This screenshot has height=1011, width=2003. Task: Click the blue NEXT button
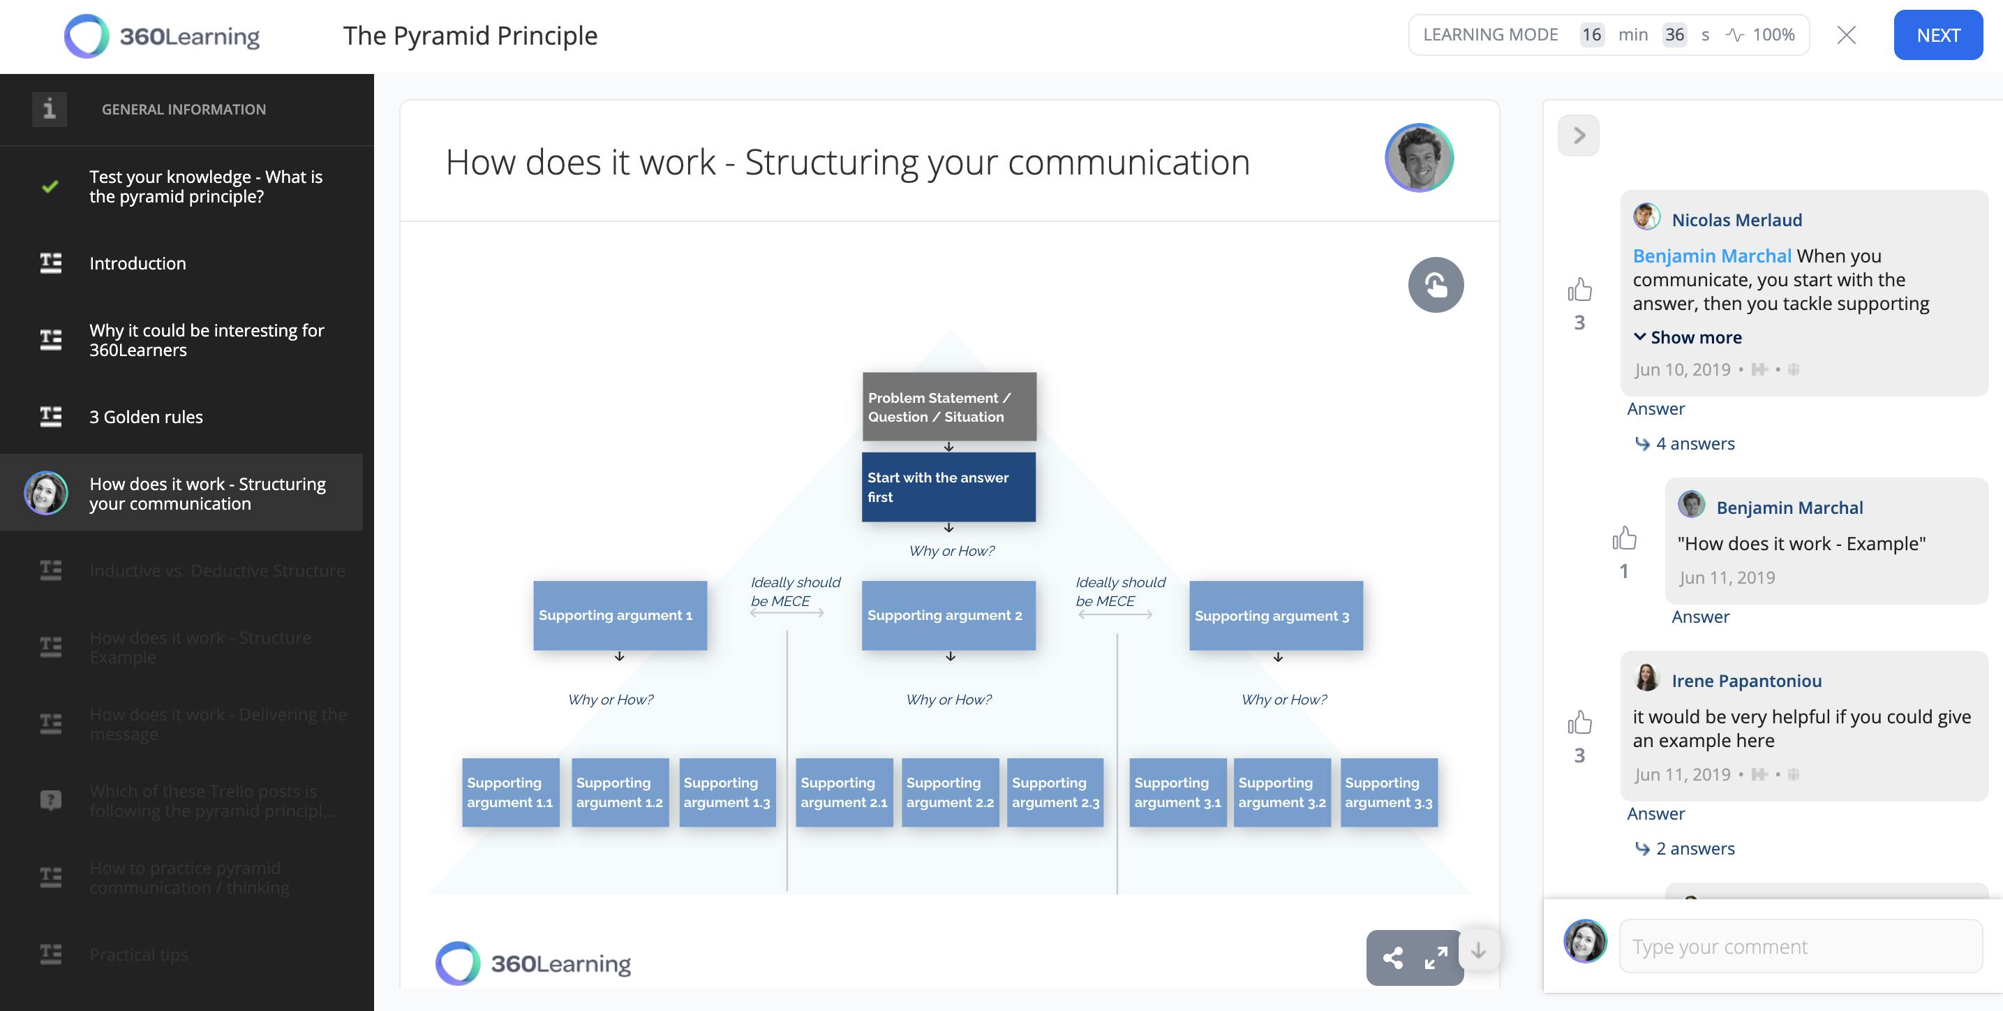(x=1937, y=35)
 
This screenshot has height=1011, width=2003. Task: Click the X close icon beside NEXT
(x=1846, y=35)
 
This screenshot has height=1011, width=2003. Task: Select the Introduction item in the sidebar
(x=137, y=264)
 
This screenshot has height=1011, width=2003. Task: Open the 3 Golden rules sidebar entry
(x=146, y=417)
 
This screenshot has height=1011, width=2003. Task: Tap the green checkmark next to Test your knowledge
(x=50, y=186)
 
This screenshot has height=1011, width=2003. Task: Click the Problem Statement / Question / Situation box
(x=948, y=407)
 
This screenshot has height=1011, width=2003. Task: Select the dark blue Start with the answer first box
(x=948, y=487)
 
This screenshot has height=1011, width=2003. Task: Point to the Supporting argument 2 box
(x=948, y=615)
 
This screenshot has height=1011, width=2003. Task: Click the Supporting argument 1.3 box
(x=727, y=792)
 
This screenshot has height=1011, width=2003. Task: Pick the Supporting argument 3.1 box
(x=1177, y=792)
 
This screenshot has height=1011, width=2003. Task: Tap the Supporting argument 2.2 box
(x=949, y=792)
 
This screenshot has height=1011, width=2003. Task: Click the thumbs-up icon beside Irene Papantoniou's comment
(x=1579, y=723)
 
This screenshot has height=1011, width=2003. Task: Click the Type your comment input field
(x=1799, y=947)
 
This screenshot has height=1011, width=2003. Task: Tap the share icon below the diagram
(x=1392, y=957)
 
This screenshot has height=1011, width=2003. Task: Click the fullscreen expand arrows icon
(x=1436, y=957)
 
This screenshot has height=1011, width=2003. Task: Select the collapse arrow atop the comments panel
(x=1578, y=135)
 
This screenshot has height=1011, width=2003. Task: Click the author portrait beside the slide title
(x=1418, y=158)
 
